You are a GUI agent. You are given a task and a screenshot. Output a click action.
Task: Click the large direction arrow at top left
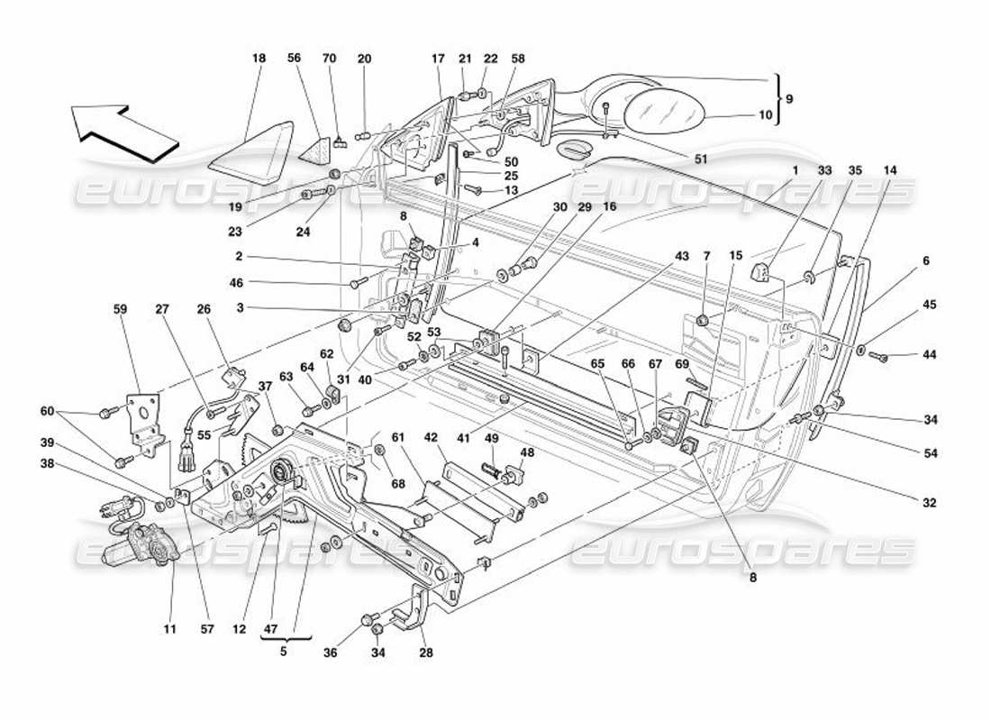[126, 132]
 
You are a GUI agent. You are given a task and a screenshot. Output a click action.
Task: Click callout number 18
[259, 59]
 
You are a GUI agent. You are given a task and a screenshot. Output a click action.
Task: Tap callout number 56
[294, 59]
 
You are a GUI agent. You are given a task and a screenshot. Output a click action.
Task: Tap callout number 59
[121, 309]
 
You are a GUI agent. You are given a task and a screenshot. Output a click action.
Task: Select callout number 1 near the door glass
[796, 170]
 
